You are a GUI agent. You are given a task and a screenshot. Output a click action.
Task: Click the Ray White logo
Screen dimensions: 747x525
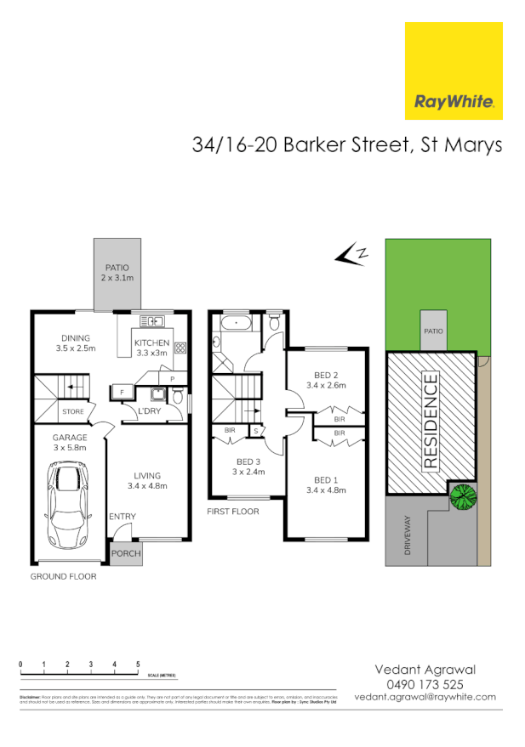click(454, 71)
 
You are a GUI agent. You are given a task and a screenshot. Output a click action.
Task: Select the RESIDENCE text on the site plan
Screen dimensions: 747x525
click(430, 422)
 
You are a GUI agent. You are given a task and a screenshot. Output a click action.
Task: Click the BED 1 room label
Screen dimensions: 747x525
click(326, 479)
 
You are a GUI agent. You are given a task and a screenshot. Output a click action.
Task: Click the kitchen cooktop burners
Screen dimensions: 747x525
click(180, 346)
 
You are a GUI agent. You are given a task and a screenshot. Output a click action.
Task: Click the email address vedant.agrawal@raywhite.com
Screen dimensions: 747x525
click(425, 696)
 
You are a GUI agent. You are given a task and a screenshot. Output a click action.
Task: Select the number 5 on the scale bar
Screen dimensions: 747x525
click(138, 663)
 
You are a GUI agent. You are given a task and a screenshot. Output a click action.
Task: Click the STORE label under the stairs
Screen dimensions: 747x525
click(72, 411)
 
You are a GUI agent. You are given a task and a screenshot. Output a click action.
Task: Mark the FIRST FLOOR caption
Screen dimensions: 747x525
click(232, 512)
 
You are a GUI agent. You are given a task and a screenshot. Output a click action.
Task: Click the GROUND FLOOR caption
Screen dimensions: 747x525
click(64, 576)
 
